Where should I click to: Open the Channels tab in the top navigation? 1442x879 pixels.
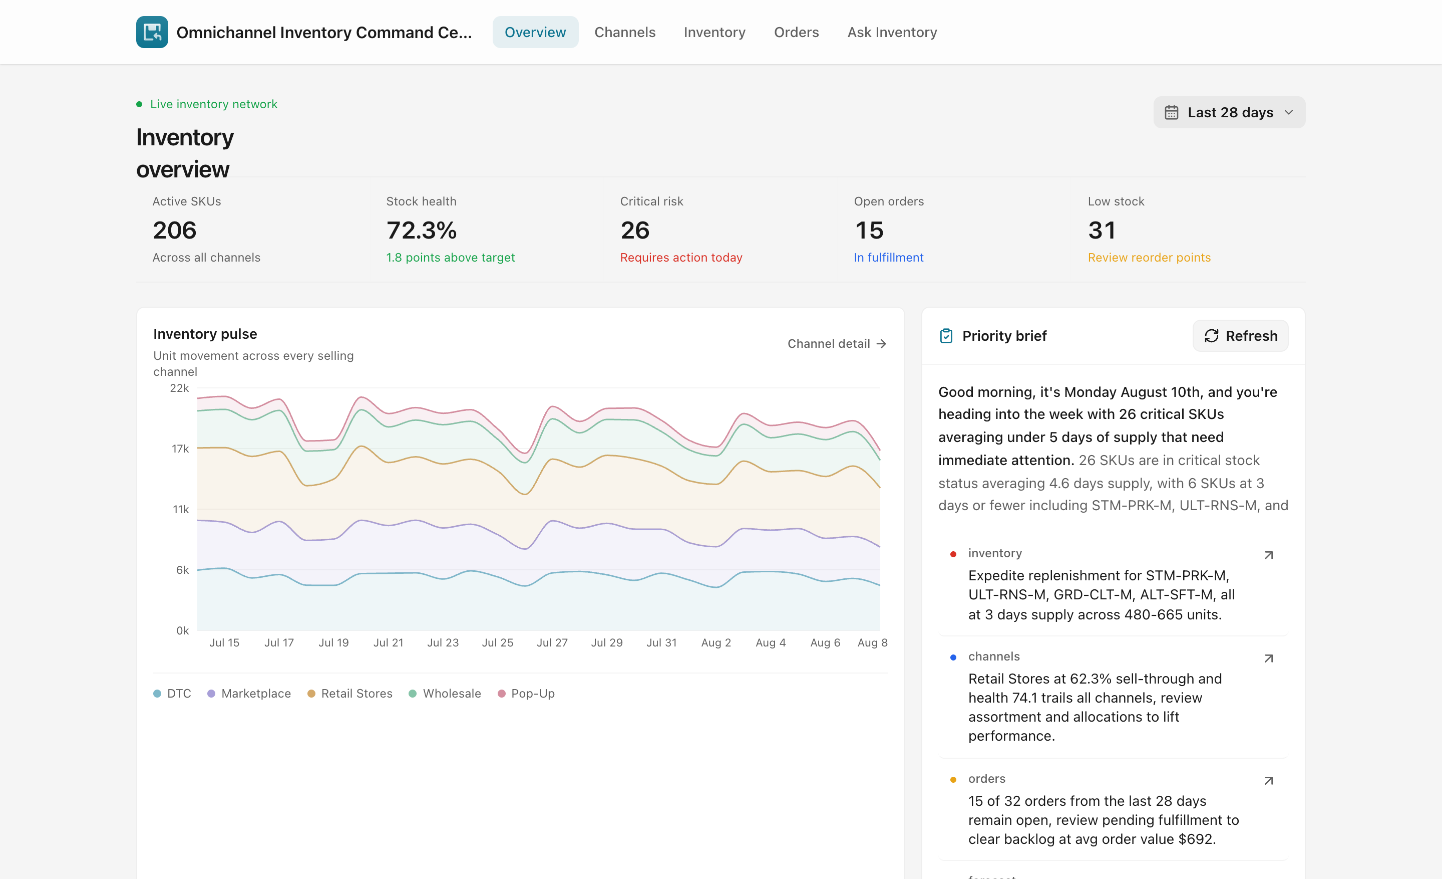(624, 32)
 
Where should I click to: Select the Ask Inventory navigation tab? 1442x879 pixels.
(892, 32)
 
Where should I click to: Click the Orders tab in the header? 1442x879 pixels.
(796, 32)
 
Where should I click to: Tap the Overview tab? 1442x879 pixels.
(535, 32)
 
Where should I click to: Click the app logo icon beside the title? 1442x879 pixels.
(152, 32)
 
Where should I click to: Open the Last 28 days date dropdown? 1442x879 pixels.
(1229, 112)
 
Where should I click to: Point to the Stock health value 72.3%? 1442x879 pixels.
(422, 230)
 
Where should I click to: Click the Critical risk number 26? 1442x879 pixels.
(635, 230)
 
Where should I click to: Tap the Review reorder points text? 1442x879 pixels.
(1149, 258)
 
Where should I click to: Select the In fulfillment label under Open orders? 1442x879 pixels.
(888, 258)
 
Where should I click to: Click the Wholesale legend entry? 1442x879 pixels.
(445, 694)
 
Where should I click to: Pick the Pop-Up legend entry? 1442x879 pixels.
(526, 694)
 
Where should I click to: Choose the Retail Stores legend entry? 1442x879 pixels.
(350, 694)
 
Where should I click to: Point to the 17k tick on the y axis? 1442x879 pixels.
(180, 449)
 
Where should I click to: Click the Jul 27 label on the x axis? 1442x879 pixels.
(552, 642)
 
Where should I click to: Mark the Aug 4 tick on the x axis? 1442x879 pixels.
(770, 642)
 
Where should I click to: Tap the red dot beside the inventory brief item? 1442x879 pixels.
(953, 554)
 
